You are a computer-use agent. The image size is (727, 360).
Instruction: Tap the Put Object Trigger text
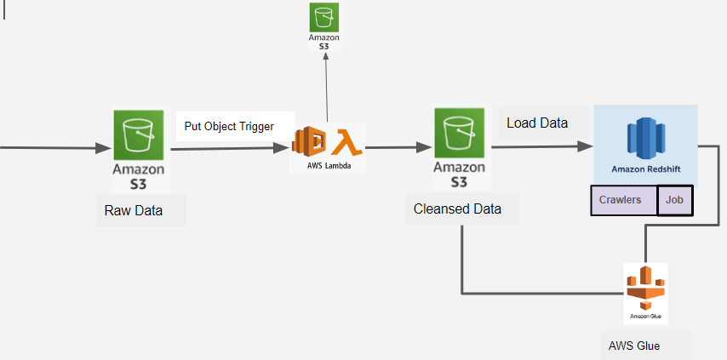click(x=229, y=127)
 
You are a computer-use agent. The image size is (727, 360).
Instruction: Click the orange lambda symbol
click(x=346, y=140)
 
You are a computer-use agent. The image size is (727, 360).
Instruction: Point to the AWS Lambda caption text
click(x=328, y=165)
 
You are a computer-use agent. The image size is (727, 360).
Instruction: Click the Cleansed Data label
click(x=457, y=209)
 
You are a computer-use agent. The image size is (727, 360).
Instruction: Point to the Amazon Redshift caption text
click(x=645, y=170)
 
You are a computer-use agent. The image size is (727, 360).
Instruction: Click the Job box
click(x=676, y=200)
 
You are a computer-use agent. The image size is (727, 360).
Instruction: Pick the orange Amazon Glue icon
click(x=645, y=289)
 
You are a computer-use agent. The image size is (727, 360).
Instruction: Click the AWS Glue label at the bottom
click(x=634, y=346)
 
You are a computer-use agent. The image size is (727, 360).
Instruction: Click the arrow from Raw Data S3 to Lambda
click(x=230, y=149)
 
